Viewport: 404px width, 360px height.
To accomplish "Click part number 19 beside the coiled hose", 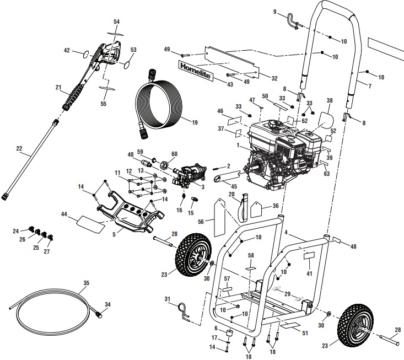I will pos(194,122).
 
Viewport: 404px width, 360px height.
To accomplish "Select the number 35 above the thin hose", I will pos(85,284).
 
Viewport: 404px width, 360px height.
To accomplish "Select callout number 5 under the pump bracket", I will pos(114,234).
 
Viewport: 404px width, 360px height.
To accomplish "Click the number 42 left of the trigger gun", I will pos(67,50).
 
